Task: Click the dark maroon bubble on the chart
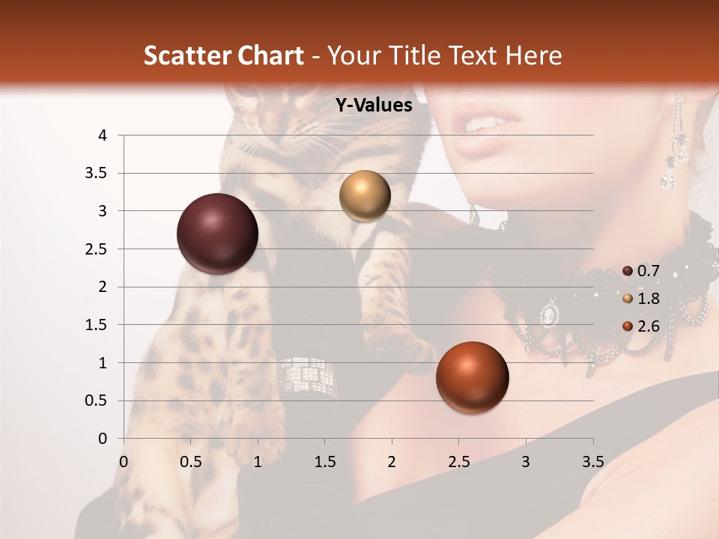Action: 217,234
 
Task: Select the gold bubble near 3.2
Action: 365,195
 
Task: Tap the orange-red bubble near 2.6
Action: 472,377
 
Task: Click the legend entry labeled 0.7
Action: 641,271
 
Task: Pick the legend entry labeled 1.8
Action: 641,299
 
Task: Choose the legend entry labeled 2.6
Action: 641,326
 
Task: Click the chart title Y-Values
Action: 373,106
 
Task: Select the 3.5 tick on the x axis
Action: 592,461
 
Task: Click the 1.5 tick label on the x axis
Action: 325,461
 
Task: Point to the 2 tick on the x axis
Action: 391,461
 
